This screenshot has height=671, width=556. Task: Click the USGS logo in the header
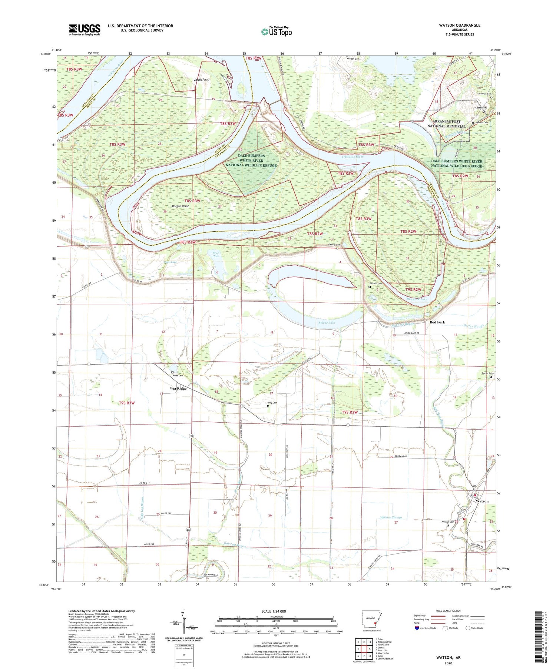[x=85, y=30]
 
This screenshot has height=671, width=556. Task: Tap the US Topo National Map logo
[x=277, y=31]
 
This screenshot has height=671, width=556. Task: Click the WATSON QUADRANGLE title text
[x=459, y=25]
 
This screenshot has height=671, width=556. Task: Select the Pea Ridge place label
[x=178, y=388]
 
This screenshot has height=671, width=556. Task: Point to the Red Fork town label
[x=437, y=322]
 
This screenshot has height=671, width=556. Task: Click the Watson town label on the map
[x=482, y=501]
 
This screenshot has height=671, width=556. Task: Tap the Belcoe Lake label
[x=327, y=322]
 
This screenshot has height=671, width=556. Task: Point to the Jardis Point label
[x=202, y=80]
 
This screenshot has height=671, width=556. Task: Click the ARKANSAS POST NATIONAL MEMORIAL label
[x=446, y=124]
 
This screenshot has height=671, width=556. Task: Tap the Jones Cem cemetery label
[x=178, y=376]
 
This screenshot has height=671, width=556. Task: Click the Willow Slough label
[x=391, y=517]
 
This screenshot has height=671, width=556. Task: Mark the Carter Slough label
[x=474, y=326]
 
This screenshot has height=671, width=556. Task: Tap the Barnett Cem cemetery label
[x=375, y=284]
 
